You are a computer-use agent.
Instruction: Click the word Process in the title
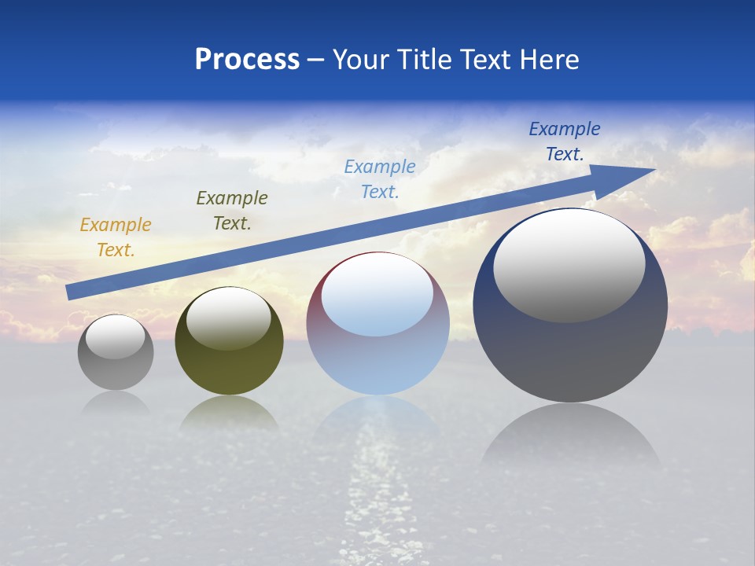[247, 60]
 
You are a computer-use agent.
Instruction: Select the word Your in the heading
[362, 60]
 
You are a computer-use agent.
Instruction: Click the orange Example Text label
[116, 237]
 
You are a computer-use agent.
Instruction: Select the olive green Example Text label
[232, 211]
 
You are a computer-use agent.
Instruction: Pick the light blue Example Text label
[380, 179]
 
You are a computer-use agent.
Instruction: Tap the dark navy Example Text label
[565, 141]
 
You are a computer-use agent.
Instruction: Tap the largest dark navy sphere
[570, 354]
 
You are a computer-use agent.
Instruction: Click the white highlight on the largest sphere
[569, 265]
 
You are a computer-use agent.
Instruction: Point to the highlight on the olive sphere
[229, 318]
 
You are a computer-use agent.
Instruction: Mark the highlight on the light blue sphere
[377, 295]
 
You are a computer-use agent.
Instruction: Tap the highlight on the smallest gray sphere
[116, 337]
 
